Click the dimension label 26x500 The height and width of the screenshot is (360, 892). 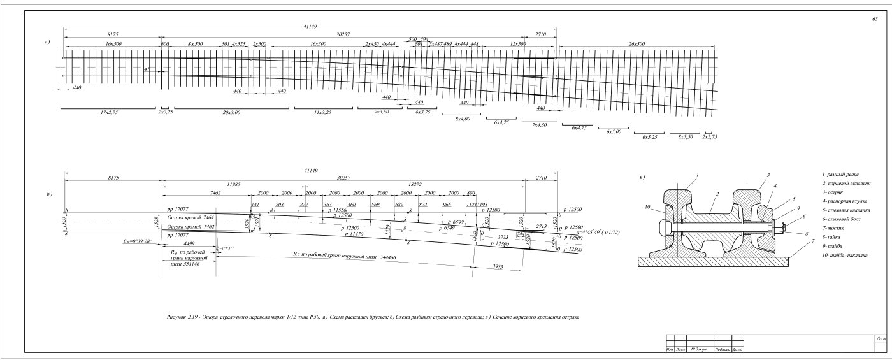637,43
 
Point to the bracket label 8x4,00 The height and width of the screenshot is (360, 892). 463,119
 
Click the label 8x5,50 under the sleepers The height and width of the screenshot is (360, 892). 686,136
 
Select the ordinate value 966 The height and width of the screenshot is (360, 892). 447,204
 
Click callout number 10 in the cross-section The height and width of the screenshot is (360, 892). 647,207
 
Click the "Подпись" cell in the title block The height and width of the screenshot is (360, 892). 723,349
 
